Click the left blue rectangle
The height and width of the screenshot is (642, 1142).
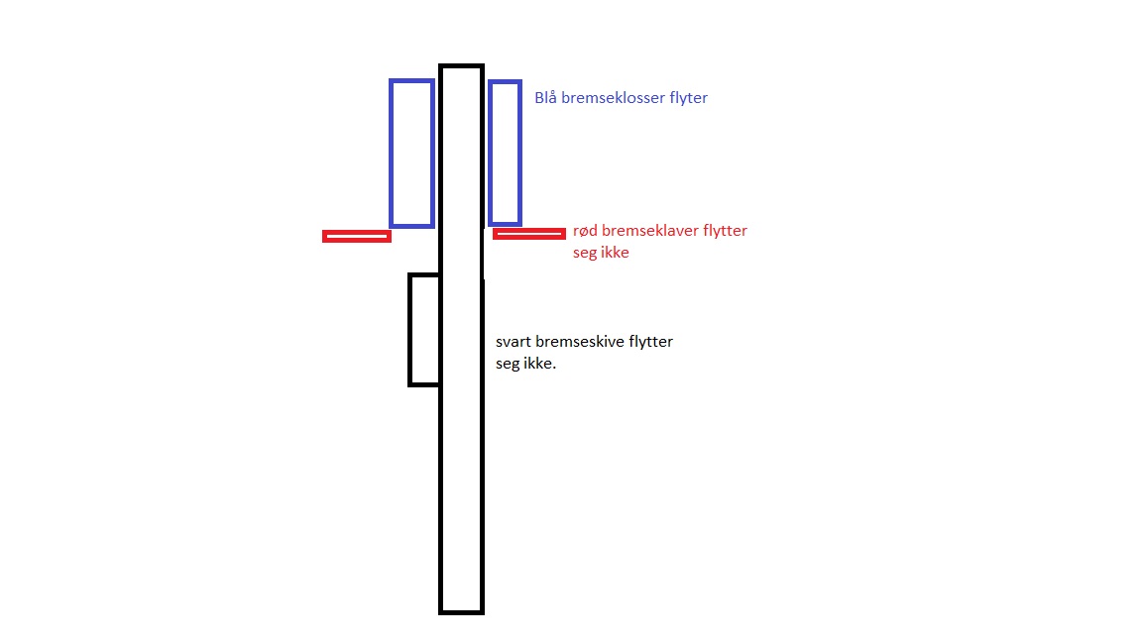click(392, 153)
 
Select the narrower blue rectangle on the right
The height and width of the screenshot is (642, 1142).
click(490, 153)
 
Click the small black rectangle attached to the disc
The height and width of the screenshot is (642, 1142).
click(410, 330)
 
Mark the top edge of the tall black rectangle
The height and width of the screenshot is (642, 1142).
click(462, 66)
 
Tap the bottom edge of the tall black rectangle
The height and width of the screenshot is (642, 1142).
click(462, 612)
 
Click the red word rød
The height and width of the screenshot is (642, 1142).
click(586, 231)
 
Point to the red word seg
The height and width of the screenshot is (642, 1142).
click(584, 254)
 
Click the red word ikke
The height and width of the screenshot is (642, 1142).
click(615, 253)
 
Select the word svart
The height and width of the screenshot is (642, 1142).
click(514, 342)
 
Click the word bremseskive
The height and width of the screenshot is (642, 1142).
click(580, 342)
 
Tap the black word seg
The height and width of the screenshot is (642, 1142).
click(507, 364)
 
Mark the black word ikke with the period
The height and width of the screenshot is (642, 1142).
click(539, 364)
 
